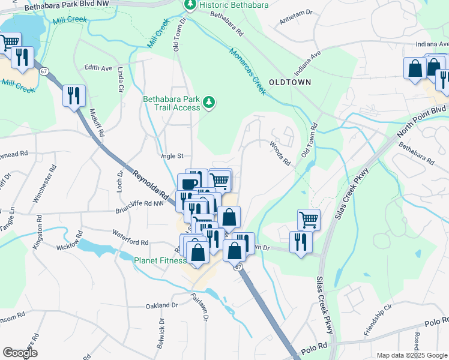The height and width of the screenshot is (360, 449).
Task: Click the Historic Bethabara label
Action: (234, 5)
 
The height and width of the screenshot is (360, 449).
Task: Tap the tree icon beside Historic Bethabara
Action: (190, 5)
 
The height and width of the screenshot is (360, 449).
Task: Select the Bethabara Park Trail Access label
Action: (171, 103)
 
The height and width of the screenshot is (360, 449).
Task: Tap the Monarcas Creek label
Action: (246, 71)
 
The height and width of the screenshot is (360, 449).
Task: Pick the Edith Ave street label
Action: (98, 68)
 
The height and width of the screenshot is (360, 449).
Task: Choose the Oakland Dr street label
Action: (162, 305)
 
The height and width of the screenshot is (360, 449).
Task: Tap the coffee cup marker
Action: (189, 183)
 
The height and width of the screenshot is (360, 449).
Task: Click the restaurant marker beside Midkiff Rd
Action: (74, 95)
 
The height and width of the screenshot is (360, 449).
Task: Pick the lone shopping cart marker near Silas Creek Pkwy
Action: (309, 219)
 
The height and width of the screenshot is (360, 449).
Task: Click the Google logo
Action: (20, 353)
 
